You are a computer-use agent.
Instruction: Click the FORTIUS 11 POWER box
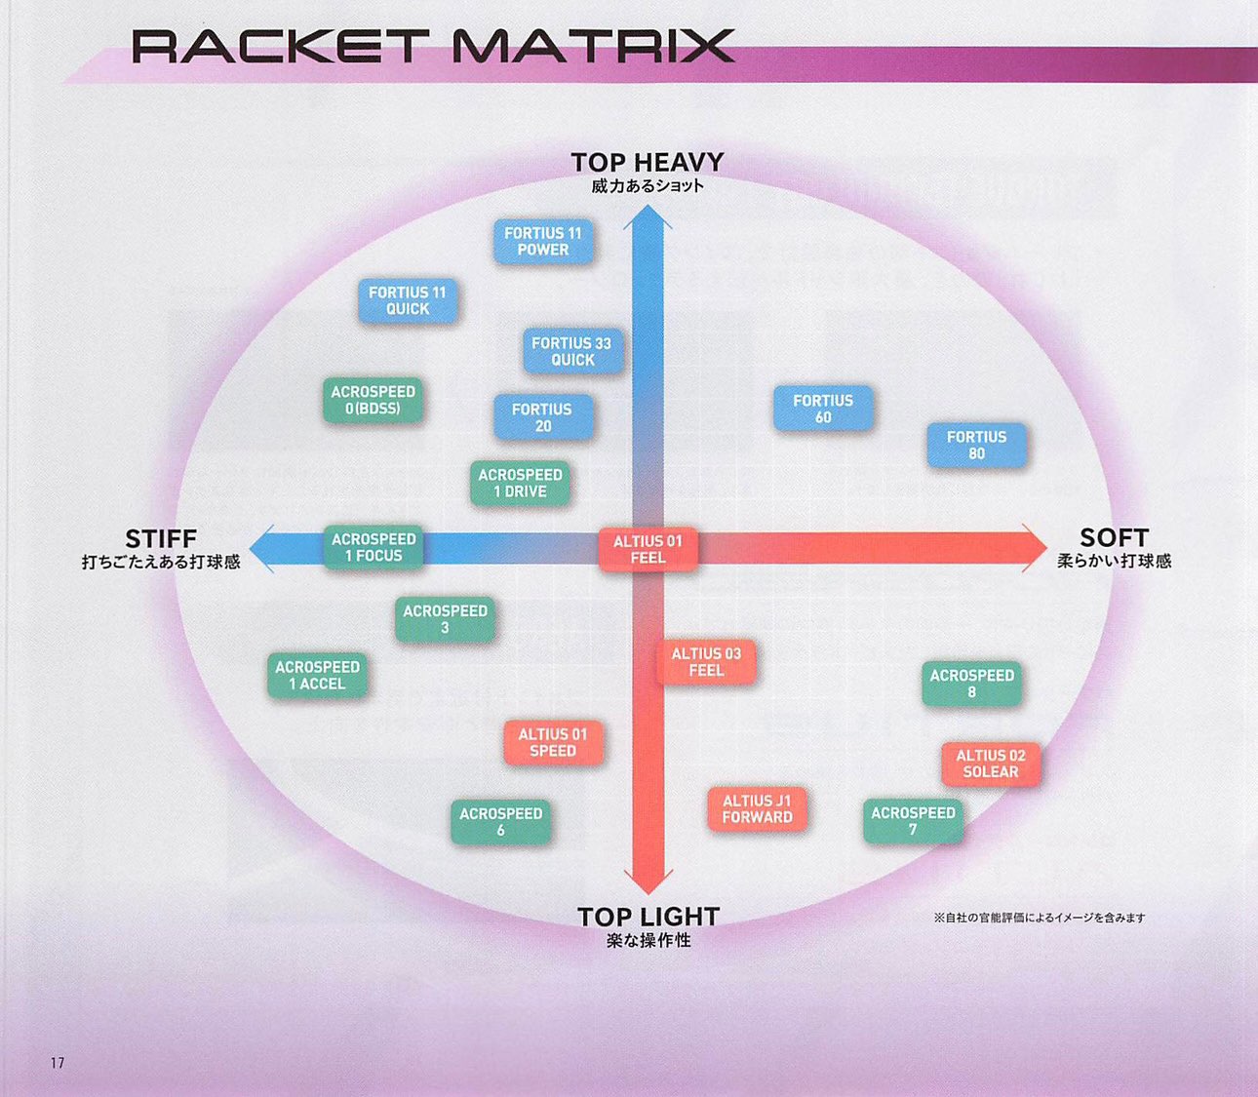pos(543,242)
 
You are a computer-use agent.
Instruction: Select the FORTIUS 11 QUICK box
pos(408,300)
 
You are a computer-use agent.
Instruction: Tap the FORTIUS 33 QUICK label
pos(572,351)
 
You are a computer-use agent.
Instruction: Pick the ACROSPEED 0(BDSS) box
pos(373,400)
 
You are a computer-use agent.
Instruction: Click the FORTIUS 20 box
pos(543,417)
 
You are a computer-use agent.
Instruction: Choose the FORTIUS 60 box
pos(823,409)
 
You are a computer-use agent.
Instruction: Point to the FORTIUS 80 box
pos(976,445)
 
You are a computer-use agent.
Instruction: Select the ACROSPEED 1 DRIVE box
pos(520,483)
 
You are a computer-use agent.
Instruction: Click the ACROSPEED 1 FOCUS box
pos(373,547)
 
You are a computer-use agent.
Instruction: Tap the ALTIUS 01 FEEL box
pos(648,549)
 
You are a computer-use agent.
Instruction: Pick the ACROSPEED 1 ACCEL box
pos(317,676)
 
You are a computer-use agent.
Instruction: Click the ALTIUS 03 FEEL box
pos(706,662)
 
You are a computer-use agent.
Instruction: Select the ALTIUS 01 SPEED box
pos(553,742)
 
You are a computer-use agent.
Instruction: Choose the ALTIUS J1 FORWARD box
pos(757,808)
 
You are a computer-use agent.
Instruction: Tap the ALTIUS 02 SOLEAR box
pos(991,764)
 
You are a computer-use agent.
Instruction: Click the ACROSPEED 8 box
pos(971,684)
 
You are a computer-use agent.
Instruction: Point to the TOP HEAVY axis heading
pos(648,162)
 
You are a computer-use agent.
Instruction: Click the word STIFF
pos(161,538)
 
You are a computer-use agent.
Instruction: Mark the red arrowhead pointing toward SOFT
pos(1032,547)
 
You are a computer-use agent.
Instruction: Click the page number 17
pos(58,1063)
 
